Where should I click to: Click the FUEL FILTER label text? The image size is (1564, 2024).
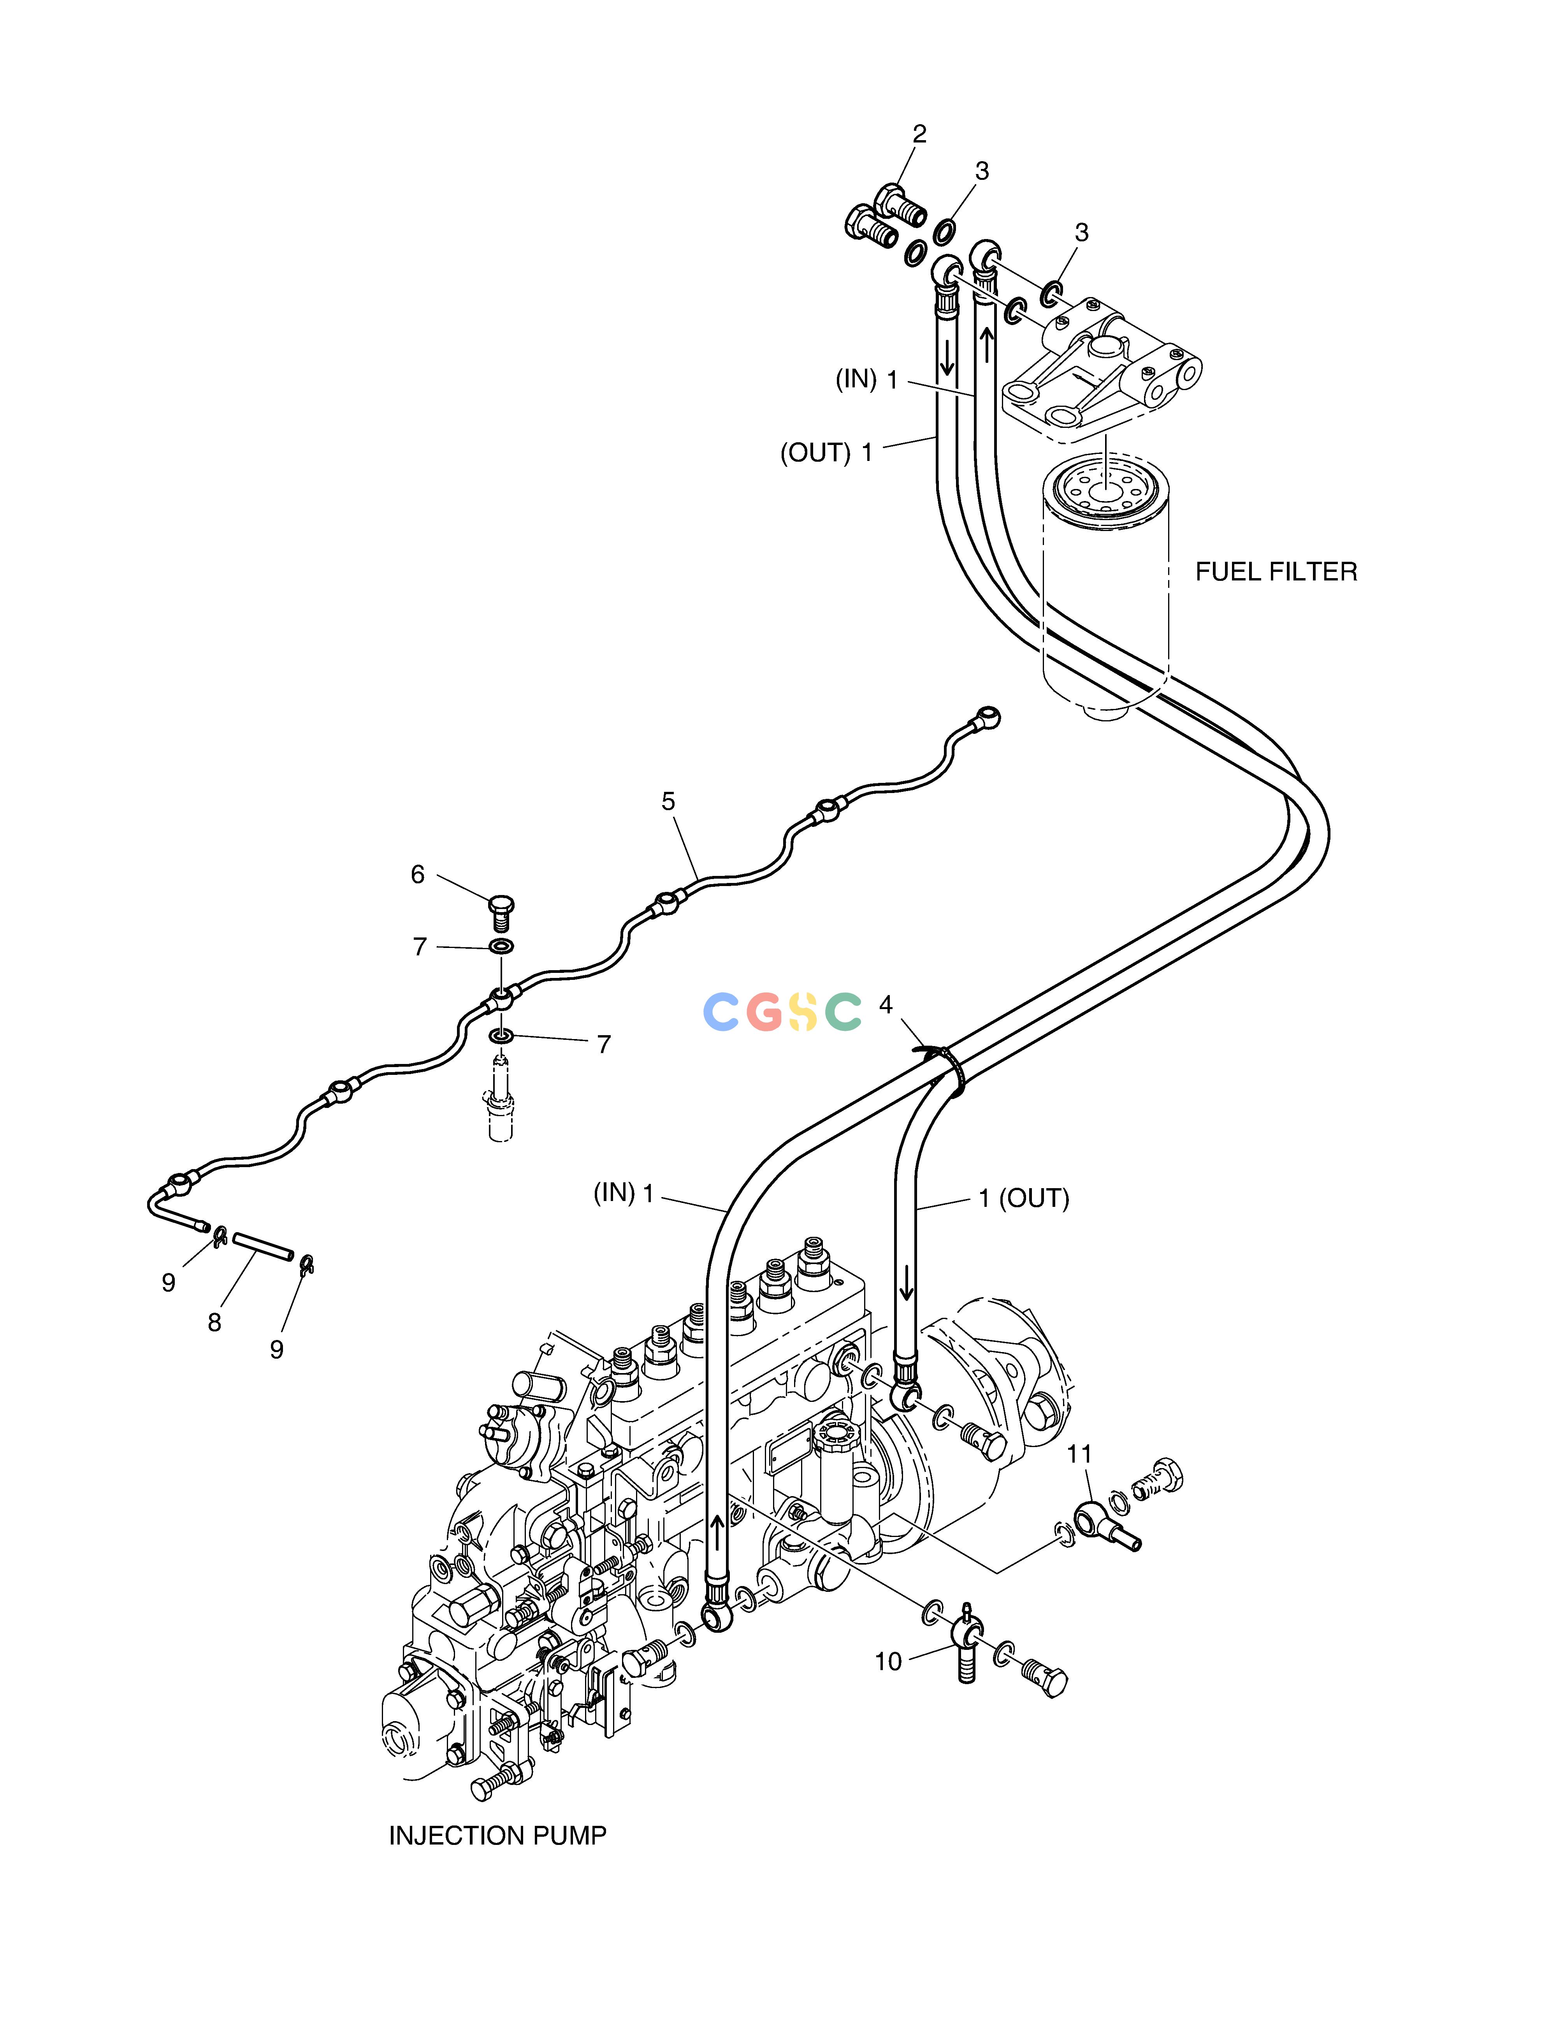[1276, 572]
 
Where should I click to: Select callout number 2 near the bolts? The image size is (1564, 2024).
[919, 134]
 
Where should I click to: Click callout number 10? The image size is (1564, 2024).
[887, 1662]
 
